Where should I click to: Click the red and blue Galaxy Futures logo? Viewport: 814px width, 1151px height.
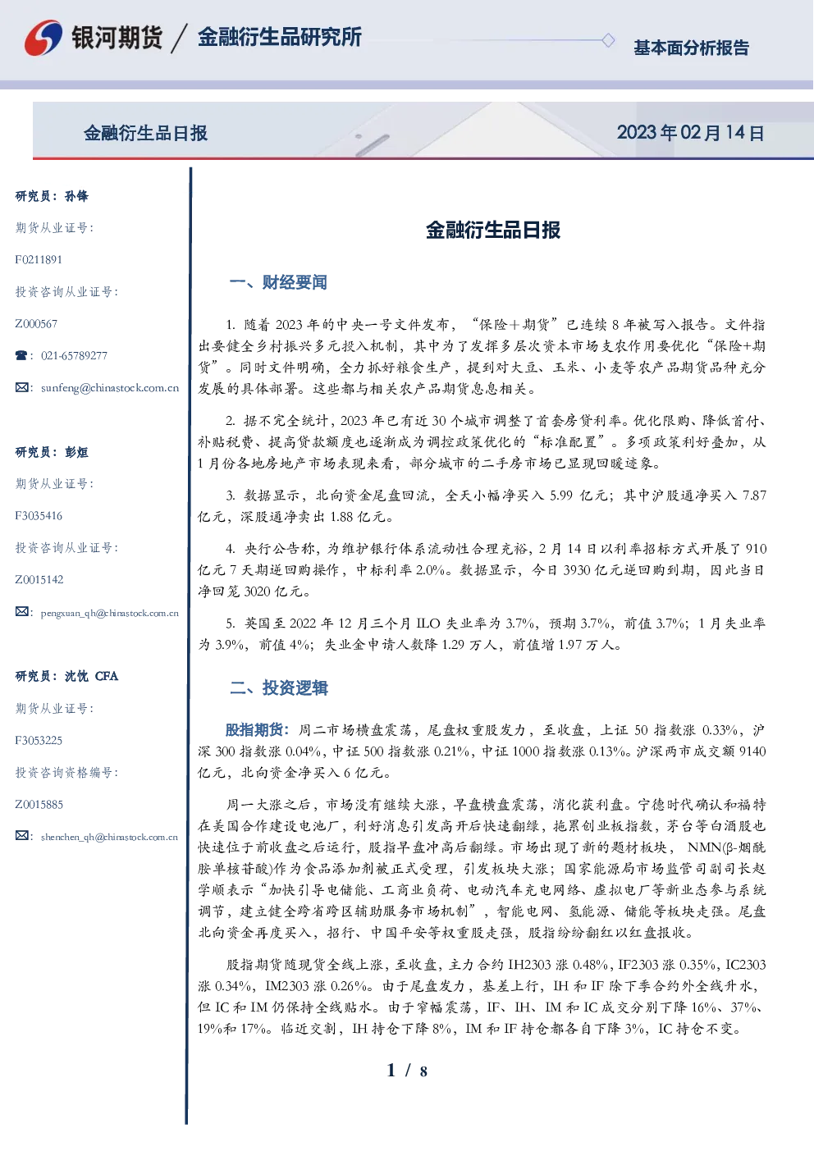tap(43, 37)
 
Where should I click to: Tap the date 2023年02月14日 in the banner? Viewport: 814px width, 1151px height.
tap(690, 133)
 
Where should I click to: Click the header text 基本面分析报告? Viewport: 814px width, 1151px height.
tap(691, 48)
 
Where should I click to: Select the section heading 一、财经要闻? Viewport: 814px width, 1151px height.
tap(278, 282)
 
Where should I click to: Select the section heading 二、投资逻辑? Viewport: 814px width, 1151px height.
tap(278, 687)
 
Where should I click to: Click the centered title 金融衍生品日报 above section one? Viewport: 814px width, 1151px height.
tap(493, 230)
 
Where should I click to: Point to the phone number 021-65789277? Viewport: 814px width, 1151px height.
tap(74, 355)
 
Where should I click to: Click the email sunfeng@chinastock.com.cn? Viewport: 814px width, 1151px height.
tap(110, 388)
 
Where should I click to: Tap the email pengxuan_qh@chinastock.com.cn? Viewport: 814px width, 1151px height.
tap(109, 613)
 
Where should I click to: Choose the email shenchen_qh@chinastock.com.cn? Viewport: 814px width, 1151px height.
tap(109, 837)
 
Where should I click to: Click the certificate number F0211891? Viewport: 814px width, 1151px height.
tap(39, 259)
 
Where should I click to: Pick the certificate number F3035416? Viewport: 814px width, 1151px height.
tap(39, 516)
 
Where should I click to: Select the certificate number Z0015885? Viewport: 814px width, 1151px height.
tap(39, 805)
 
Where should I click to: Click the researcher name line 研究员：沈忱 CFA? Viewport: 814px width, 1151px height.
tap(66, 676)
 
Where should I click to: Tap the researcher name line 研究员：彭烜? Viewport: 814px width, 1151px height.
tap(52, 452)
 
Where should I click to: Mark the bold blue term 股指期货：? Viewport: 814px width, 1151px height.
tap(258, 729)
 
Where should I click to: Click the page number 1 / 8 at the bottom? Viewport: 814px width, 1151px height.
tap(407, 1071)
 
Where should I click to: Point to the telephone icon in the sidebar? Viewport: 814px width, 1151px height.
tap(21, 355)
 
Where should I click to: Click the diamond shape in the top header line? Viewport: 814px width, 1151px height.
tap(608, 40)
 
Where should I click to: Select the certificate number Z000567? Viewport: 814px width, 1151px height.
tap(36, 324)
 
